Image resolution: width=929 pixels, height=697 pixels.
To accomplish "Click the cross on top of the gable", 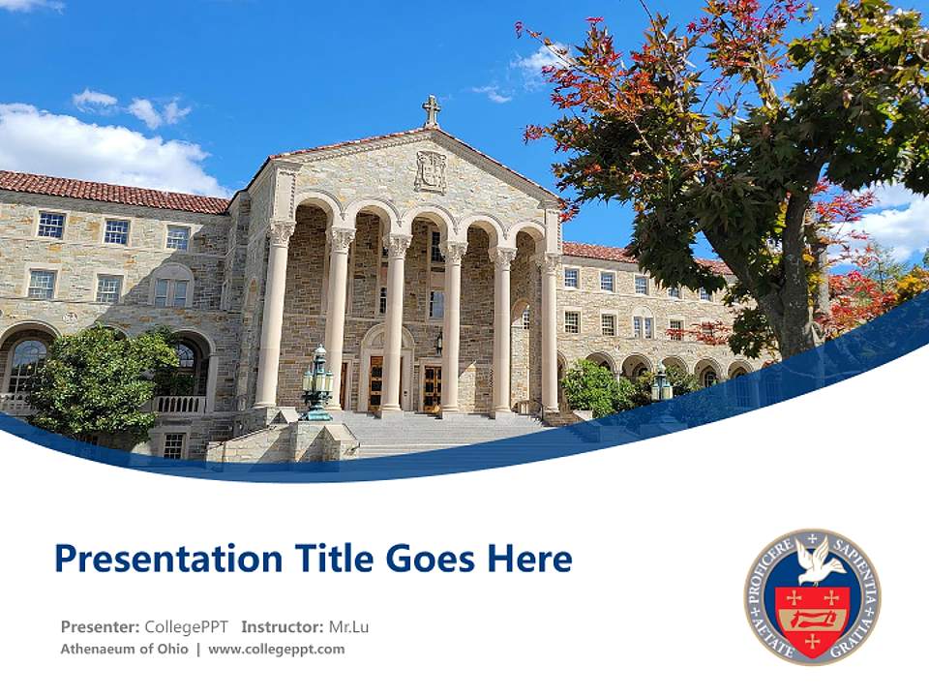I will [x=432, y=109].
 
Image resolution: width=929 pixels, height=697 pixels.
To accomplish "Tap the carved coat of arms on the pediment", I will [x=431, y=171].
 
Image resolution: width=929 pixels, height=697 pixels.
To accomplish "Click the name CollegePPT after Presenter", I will [x=186, y=626].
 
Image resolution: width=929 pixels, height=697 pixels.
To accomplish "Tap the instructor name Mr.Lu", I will [x=348, y=626].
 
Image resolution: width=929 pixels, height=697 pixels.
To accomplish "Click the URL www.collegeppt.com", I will [x=276, y=650].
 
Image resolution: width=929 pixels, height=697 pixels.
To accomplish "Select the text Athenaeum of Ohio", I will [x=124, y=650].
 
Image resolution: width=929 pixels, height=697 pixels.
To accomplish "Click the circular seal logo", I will [x=812, y=596].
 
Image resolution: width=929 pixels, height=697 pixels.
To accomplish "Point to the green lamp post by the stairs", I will [x=317, y=382].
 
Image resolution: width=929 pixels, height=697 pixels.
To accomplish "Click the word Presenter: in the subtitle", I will [x=100, y=626].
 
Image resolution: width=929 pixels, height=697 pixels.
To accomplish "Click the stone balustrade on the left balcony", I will [x=178, y=404].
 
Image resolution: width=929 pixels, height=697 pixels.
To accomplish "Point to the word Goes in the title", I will [x=429, y=559].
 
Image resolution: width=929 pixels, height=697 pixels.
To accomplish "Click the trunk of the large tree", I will [x=794, y=290].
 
